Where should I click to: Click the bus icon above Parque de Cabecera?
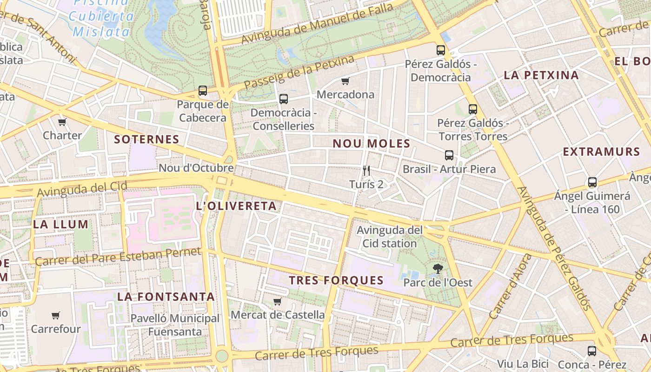point(203,91)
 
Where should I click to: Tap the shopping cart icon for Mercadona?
point(345,81)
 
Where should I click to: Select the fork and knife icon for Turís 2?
point(366,171)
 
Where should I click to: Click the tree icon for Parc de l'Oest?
point(437,268)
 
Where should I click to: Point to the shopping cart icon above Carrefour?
point(56,316)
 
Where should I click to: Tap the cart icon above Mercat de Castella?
point(278,301)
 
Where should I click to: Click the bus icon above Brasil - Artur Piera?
point(449,155)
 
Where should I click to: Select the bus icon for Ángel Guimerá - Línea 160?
point(592,182)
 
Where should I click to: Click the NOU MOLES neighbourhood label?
point(371,144)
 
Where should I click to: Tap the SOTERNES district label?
point(146,139)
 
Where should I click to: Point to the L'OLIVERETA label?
point(236,206)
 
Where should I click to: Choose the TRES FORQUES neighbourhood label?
point(336,280)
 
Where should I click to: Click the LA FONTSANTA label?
point(166,297)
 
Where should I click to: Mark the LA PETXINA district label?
point(541,75)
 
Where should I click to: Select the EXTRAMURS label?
point(601,152)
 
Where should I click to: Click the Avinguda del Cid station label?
point(390,237)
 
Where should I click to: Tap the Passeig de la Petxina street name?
point(299,73)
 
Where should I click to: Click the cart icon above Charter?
point(62,122)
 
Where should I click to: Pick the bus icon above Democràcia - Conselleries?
point(283,99)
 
